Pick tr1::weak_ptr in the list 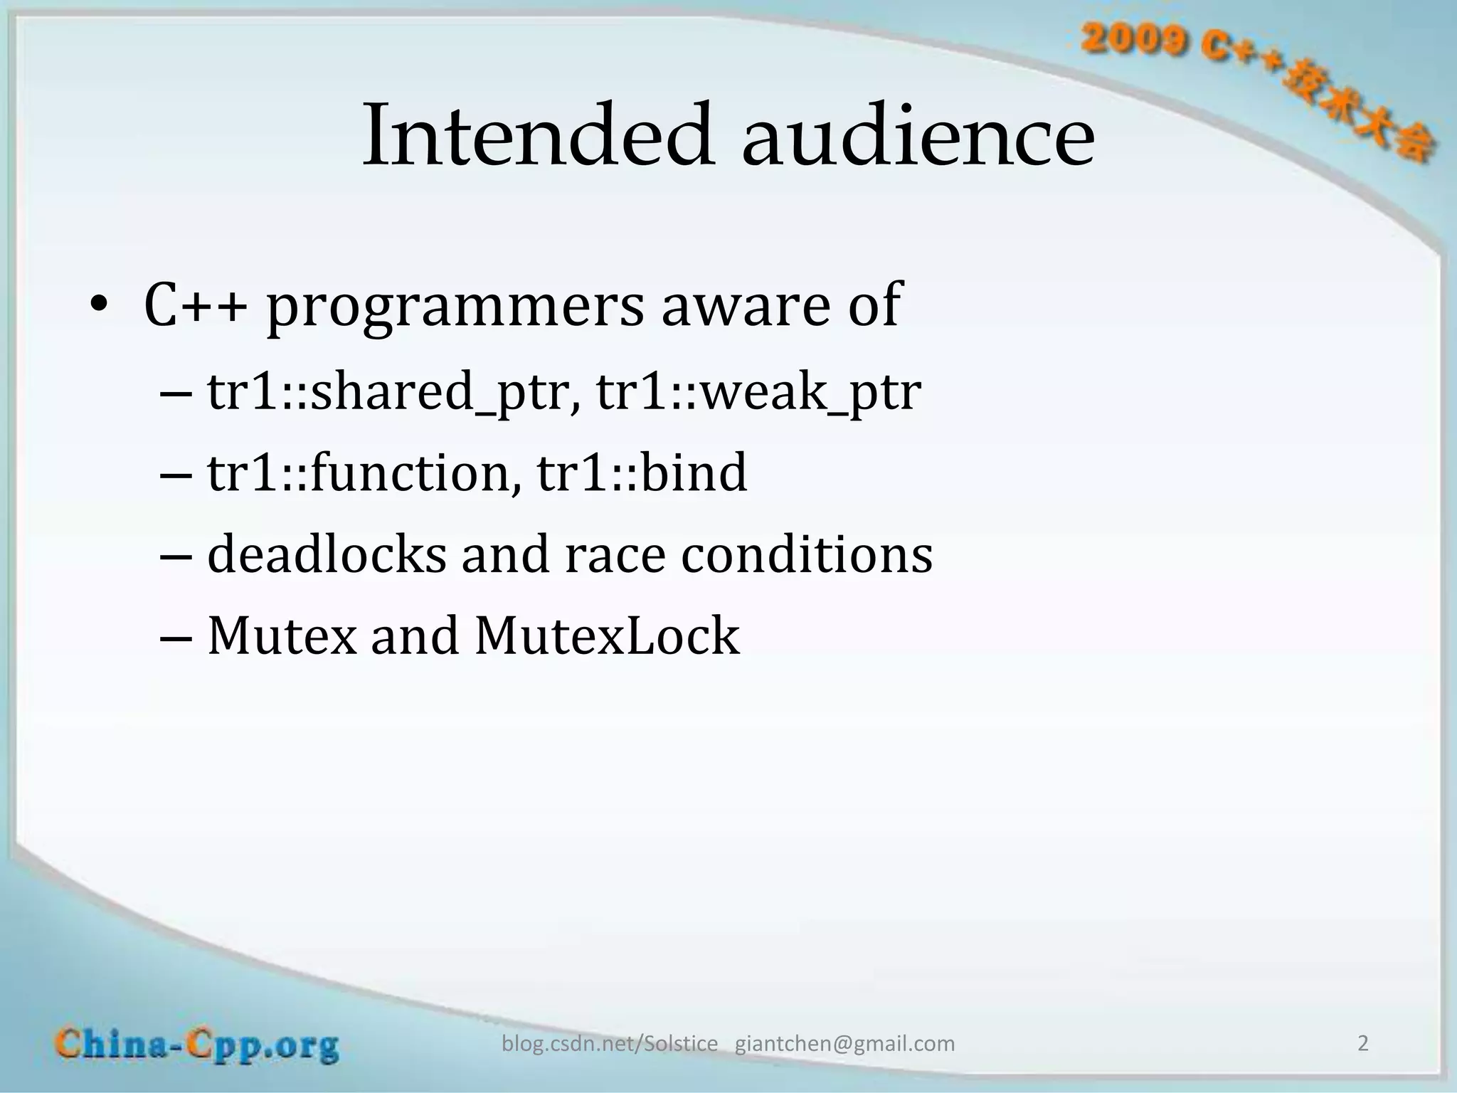pyautogui.click(x=758, y=393)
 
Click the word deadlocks pyautogui.click(x=327, y=554)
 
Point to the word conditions pyautogui.click(x=807, y=554)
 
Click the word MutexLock pyautogui.click(x=607, y=635)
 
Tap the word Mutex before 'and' pyautogui.click(x=282, y=635)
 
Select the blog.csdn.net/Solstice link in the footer pyautogui.click(x=610, y=1044)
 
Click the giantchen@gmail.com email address pyautogui.click(x=844, y=1044)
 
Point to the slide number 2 pyautogui.click(x=1363, y=1043)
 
